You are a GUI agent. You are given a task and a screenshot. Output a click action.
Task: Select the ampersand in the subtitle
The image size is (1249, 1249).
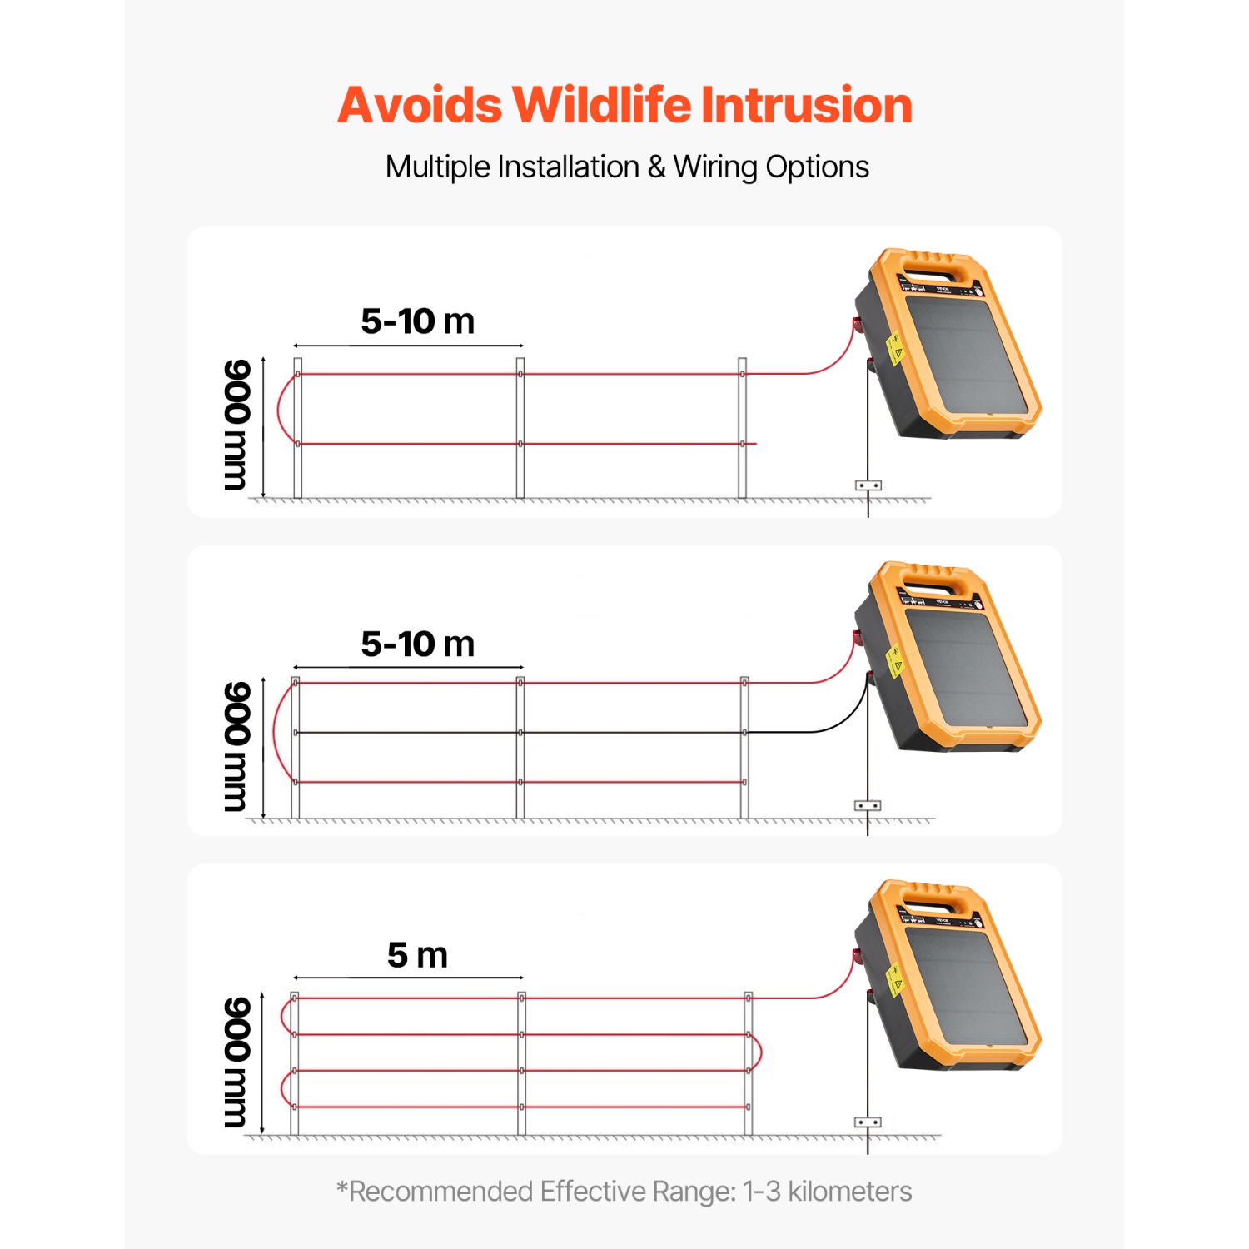tap(656, 167)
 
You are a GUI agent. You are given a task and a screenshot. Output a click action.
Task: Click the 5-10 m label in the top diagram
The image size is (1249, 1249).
tap(417, 321)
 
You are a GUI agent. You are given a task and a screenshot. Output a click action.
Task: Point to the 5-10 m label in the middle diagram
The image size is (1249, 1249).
tap(417, 644)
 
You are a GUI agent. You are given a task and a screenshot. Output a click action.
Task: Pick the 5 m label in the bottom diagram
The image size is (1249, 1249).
tap(417, 955)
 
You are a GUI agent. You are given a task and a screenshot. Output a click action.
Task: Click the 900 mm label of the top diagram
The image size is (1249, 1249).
tap(236, 425)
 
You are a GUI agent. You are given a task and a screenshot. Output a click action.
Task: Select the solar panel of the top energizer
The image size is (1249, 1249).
tap(966, 354)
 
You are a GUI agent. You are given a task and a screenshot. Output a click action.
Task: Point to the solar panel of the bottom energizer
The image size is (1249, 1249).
tap(966, 987)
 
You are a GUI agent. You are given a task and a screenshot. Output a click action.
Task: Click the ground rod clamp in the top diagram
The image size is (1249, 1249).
tap(868, 485)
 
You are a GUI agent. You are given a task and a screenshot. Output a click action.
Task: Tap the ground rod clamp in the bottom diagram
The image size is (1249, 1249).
tap(868, 1122)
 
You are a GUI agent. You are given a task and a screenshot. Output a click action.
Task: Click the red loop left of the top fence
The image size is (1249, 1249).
tap(281, 410)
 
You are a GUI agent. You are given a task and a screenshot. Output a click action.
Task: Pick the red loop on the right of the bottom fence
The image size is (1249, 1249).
tap(758, 1052)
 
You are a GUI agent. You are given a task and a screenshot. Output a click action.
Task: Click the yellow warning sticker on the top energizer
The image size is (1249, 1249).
tap(895, 348)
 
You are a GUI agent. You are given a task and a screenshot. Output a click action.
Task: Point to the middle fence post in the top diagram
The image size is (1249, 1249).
tap(520, 429)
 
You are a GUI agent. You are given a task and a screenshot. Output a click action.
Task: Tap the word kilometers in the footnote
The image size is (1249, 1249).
tap(849, 1192)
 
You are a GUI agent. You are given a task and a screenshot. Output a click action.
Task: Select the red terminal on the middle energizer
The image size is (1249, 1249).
tap(856, 639)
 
